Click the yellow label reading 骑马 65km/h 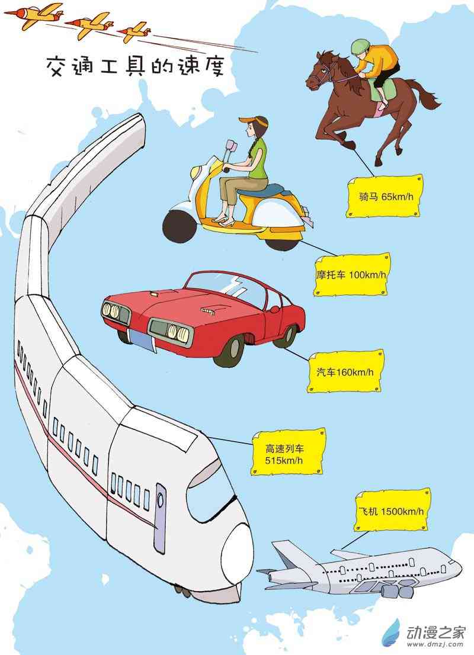(x=384, y=196)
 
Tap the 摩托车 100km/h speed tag (x=351, y=274)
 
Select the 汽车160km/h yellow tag (x=345, y=372)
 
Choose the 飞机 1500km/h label (x=392, y=510)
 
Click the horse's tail (x=422, y=94)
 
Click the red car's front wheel (x=230, y=350)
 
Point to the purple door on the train (x=160, y=518)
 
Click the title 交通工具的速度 (x=135, y=66)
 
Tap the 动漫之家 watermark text (x=435, y=632)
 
